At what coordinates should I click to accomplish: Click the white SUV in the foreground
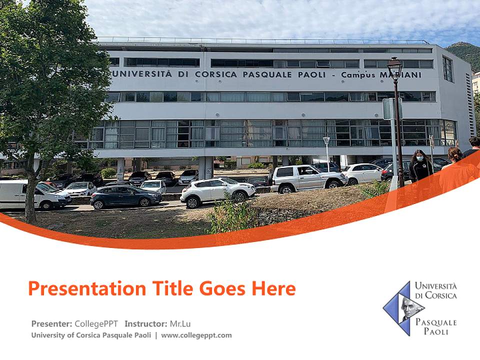[x=217, y=191]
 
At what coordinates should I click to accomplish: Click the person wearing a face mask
[x=420, y=167]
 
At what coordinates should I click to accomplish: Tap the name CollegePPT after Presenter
[x=97, y=323]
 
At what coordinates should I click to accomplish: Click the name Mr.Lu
[x=180, y=323]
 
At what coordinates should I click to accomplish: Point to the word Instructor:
[x=145, y=323]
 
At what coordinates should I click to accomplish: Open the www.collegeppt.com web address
[x=196, y=335]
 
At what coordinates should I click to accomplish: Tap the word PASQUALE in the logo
[x=436, y=322]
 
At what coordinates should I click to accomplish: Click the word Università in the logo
[x=435, y=286]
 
